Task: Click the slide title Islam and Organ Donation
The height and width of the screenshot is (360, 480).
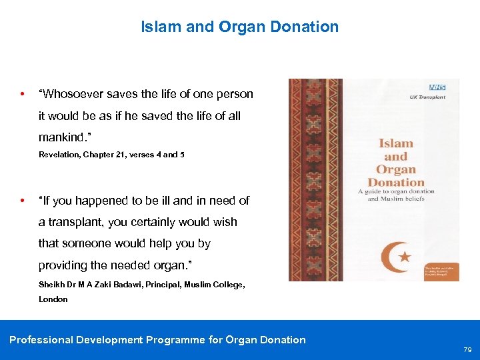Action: pos(239,27)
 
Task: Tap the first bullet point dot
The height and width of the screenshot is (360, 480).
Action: pos(23,94)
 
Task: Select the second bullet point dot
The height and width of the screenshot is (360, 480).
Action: pos(23,200)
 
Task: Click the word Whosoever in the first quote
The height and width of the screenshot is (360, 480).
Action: pos(72,94)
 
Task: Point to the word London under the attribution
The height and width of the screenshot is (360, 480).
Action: pos(53,299)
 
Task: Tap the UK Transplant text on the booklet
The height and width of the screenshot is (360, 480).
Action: pos(427,97)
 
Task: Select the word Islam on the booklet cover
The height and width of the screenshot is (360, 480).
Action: pos(396,143)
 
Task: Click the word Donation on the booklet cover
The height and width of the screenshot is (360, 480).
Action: pos(396,182)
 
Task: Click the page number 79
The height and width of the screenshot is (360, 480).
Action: pos(467,349)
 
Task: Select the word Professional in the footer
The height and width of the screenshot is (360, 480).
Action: pos(41,340)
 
